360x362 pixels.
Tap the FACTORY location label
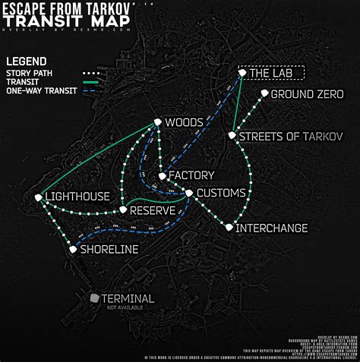click(x=186, y=175)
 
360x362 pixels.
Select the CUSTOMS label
click(x=221, y=193)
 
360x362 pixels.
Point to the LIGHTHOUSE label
click(x=77, y=197)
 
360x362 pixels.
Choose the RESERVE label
click(x=153, y=209)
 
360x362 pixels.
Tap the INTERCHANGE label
click(x=272, y=228)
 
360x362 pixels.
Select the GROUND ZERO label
click(x=308, y=94)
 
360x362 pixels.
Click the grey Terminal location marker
click(x=93, y=298)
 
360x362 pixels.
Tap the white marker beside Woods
click(x=157, y=121)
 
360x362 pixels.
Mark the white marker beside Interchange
click(x=229, y=227)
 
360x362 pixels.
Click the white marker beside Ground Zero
click(x=264, y=93)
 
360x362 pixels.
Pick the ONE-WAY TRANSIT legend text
click(x=39, y=90)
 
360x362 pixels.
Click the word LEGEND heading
click(x=26, y=61)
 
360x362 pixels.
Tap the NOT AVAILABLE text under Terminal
click(x=127, y=308)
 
